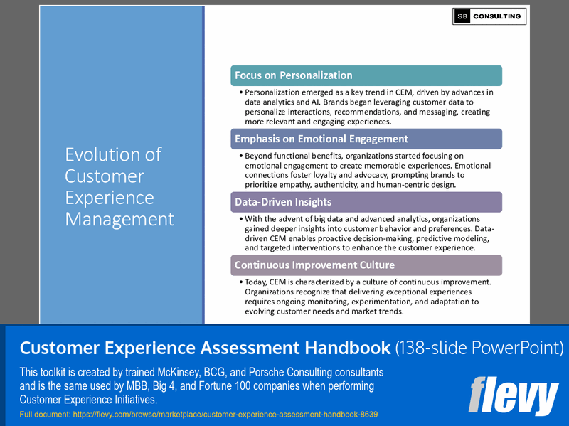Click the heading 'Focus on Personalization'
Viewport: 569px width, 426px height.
point(294,75)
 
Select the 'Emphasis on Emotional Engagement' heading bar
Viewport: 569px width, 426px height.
point(321,139)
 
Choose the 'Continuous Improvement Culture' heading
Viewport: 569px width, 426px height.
point(314,265)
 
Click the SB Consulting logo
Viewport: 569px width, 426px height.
point(489,16)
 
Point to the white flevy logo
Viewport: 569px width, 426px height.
point(514,396)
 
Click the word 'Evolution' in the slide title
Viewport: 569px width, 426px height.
point(113,154)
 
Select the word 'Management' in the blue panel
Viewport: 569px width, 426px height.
point(119,219)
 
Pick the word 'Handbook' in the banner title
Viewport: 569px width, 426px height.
point(342,348)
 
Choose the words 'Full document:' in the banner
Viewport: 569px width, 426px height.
point(43,414)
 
